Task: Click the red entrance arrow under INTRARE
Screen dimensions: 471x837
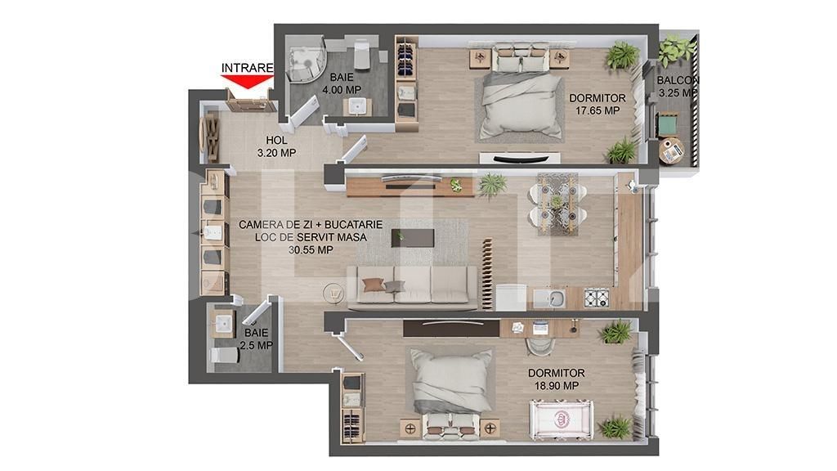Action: click(247, 80)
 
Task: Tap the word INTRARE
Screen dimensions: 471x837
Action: click(247, 66)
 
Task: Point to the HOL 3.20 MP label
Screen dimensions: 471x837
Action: click(275, 146)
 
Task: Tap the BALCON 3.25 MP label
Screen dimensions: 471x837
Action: click(678, 87)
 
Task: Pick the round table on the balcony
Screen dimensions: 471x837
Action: click(673, 150)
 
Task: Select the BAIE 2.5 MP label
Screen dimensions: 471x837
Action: click(255, 339)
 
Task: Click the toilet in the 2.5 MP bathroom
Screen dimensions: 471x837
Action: click(221, 356)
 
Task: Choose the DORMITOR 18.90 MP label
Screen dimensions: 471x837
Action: click(556, 379)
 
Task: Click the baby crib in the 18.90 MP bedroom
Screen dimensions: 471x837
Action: click(562, 418)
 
